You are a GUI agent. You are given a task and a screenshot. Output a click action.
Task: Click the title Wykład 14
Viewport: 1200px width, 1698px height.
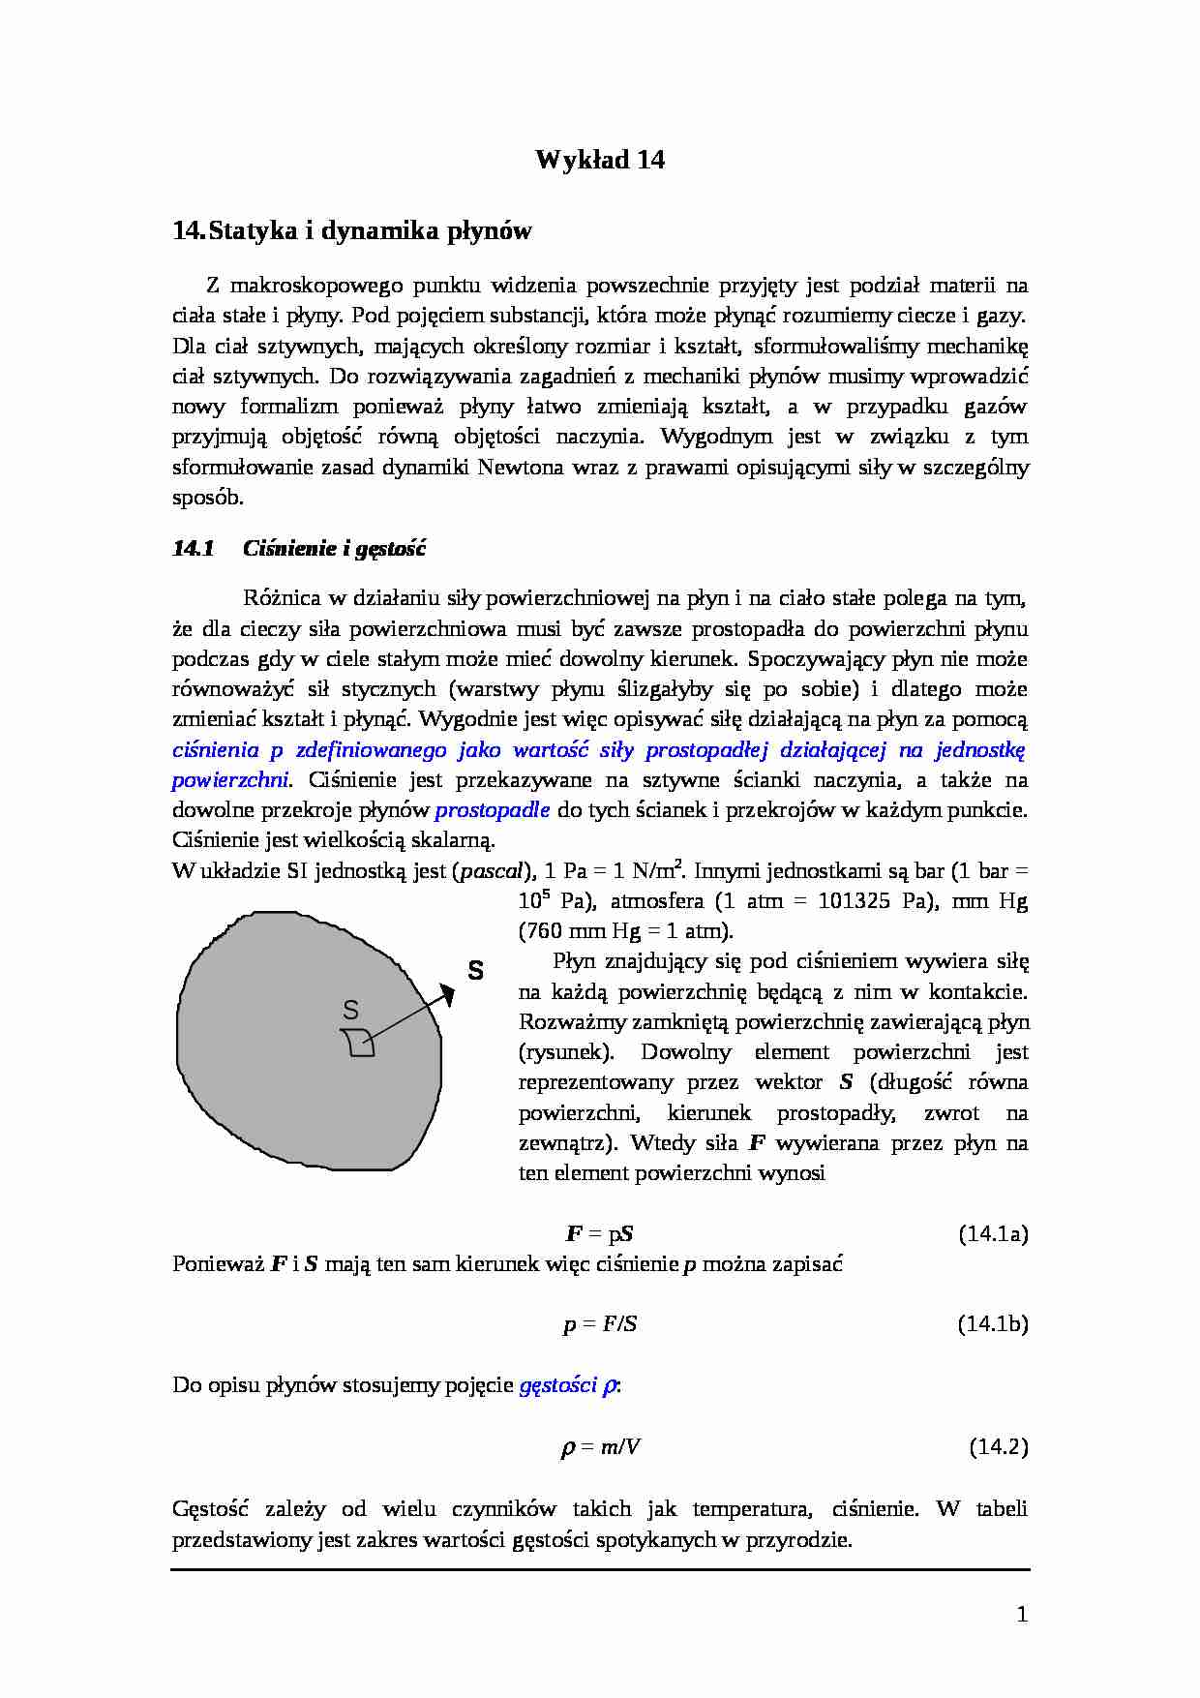tap(600, 160)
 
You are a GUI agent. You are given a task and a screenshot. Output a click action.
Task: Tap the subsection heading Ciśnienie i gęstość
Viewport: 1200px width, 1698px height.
tap(334, 549)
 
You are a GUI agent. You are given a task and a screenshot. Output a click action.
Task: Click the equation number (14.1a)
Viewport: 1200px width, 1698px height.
tap(993, 1233)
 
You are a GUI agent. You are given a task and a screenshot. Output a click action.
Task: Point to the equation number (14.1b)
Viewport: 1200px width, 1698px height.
tap(993, 1323)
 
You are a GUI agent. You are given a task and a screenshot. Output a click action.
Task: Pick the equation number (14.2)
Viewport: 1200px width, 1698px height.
tap(998, 1446)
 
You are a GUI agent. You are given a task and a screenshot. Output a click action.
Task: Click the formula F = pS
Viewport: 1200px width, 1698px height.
tap(600, 1233)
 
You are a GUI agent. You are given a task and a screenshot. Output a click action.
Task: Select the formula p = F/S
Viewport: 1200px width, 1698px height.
tap(600, 1323)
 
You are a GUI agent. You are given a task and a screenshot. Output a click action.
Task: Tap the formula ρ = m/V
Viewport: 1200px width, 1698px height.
tap(600, 1446)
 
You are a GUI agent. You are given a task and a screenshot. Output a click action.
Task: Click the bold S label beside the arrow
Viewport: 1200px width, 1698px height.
tap(475, 970)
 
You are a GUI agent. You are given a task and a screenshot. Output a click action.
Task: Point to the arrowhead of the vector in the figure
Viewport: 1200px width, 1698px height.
tap(447, 991)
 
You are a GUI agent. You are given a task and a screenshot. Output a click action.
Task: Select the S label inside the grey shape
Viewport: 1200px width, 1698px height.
tap(350, 1011)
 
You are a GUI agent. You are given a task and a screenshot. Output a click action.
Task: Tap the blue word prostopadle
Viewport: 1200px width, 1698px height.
tap(493, 810)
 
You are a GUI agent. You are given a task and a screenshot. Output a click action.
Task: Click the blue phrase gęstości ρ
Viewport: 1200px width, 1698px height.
tap(569, 1385)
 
